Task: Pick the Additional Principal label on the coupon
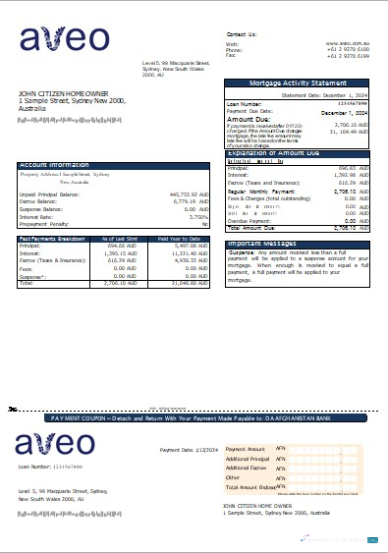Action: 247,459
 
